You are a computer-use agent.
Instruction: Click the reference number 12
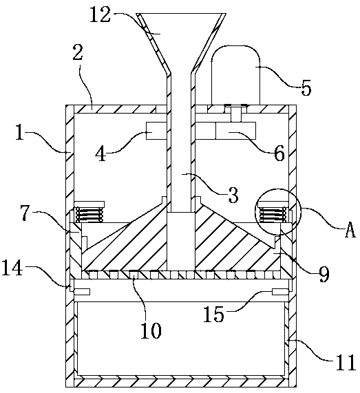pyautogui.click(x=100, y=14)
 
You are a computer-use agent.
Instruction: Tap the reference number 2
pyautogui.click(x=78, y=52)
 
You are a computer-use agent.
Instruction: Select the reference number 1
pyautogui.click(x=19, y=132)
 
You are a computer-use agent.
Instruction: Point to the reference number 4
pyautogui.click(x=101, y=153)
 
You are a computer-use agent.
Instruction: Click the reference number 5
pyautogui.click(x=306, y=87)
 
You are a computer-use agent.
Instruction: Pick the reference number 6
pyautogui.click(x=279, y=153)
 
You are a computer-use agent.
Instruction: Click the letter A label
pyautogui.click(x=350, y=230)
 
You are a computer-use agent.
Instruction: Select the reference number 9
pyautogui.click(x=324, y=274)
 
